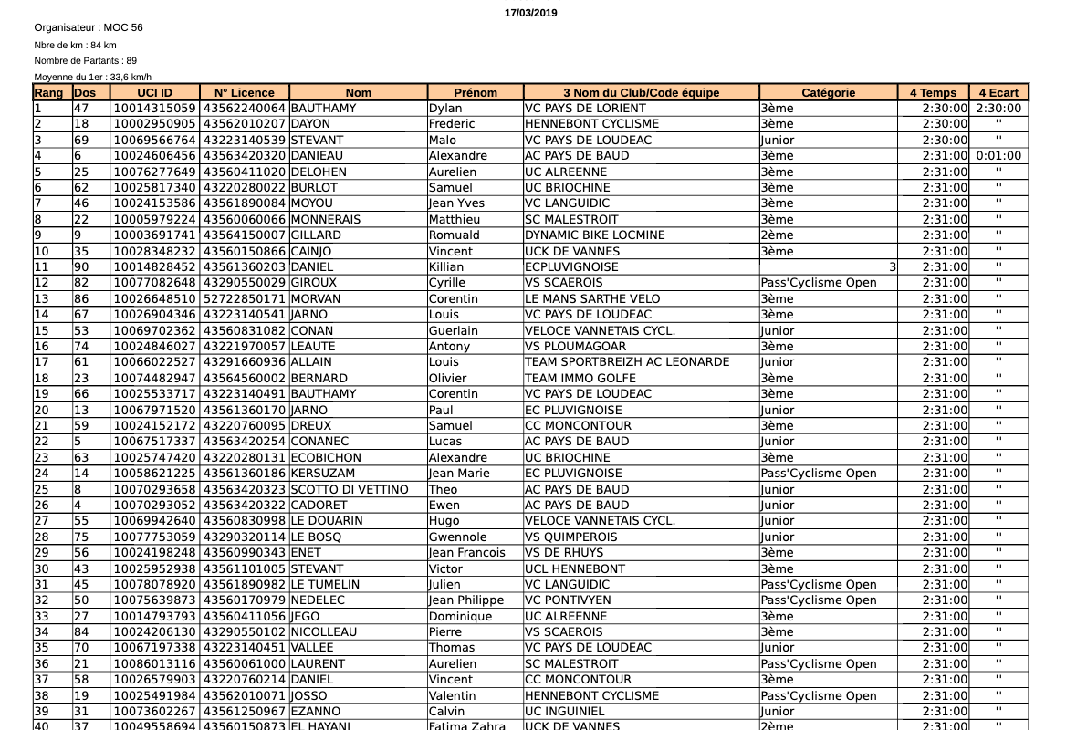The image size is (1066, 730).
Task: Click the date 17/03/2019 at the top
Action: tap(530, 13)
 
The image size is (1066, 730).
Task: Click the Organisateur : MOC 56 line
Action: tap(89, 27)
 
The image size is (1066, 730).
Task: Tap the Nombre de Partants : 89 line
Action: tap(86, 60)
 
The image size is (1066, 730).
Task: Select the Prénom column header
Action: tap(476, 92)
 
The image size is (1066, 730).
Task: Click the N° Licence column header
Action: tap(245, 92)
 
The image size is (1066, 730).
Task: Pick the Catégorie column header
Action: tap(828, 92)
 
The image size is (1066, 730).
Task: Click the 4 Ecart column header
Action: tap(998, 92)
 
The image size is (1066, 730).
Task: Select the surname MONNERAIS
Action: tap(326, 219)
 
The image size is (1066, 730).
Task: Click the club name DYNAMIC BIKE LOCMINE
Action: tap(595, 235)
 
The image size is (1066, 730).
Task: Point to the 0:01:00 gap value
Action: tap(998, 155)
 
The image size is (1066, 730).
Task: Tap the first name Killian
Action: tap(446, 266)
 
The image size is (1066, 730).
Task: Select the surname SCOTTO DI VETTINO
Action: tap(350, 489)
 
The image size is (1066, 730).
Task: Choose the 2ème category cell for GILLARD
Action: tap(778, 235)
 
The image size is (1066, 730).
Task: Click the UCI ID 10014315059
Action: tap(154, 108)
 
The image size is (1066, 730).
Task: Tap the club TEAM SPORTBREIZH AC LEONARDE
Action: tap(628, 361)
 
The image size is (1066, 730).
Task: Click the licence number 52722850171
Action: tap(245, 298)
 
